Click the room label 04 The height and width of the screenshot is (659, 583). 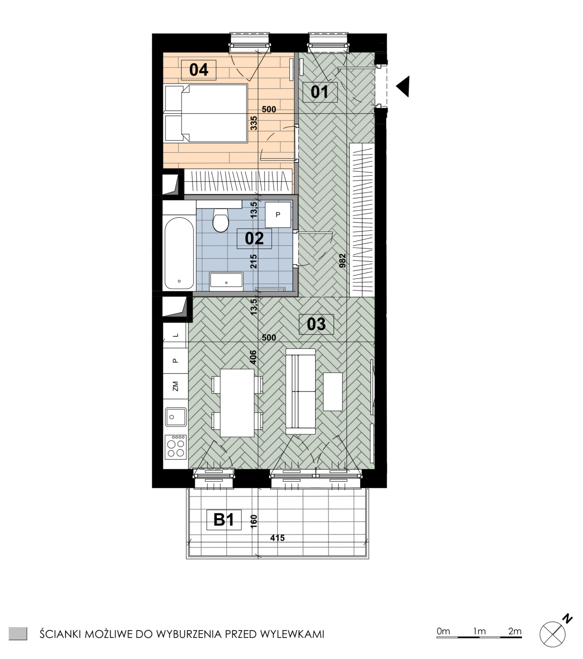(x=198, y=70)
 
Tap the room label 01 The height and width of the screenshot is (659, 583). (x=320, y=92)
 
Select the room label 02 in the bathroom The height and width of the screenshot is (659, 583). (x=254, y=239)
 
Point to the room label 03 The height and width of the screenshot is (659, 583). (x=316, y=324)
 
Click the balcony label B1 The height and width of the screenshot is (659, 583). (x=224, y=520)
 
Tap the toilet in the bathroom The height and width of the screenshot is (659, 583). (x=221, y=220)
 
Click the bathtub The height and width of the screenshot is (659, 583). (x=179, y=254)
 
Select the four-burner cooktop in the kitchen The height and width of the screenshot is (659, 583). (x=175, y=447)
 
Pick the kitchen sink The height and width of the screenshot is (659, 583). (x=175, y=417)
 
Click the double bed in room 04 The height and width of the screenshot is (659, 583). (x=206, y=113)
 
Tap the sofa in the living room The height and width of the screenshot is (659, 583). (x=300, y=392)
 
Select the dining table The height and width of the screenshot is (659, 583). (x=237, y=403)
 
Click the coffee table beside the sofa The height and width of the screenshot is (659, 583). (x=333, y=392)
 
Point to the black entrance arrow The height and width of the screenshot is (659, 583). (x=404, y=87)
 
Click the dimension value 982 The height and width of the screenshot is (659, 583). (x=342, y=260)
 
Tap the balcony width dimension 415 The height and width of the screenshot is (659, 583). (x=277, y=538)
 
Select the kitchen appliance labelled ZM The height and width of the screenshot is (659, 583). (x=175, y=387)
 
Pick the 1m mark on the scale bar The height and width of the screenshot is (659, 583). (x=479, y=632)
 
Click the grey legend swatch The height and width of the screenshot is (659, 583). (x=18, y=634)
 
